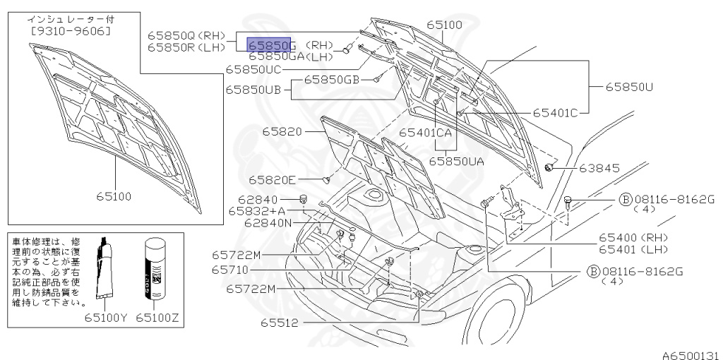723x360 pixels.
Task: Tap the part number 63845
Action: coord(599,168)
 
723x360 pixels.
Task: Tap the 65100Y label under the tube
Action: coord(108,317)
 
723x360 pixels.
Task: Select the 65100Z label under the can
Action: coord(160,317)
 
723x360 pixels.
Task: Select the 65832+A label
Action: coord(256,211)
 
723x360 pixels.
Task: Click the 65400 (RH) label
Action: coord(631,237)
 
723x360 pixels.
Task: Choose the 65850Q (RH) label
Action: coord(186,34)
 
